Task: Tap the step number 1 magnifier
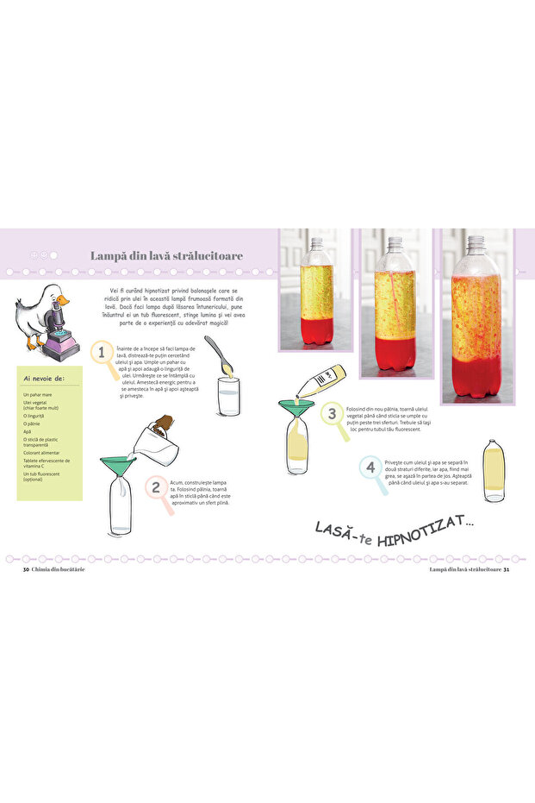103,353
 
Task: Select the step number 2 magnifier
156,488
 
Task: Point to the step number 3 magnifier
333,414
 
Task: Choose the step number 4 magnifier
370,469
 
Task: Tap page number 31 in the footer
507,568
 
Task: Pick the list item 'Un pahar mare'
39,394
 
